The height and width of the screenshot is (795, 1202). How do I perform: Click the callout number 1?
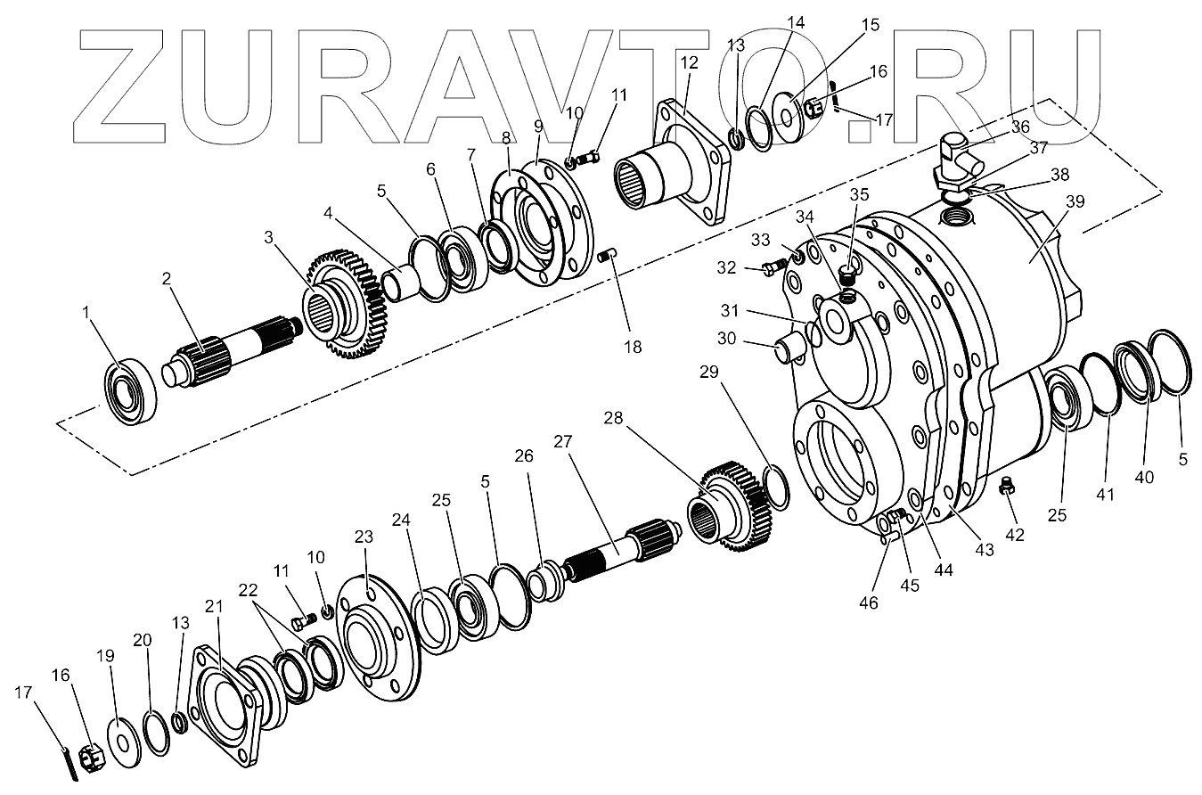pos(86,313)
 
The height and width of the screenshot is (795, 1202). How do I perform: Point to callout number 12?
pos(689,63)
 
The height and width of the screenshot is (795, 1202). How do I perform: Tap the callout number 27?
pos(561,443)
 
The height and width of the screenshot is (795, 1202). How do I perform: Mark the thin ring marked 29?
pos(773,488)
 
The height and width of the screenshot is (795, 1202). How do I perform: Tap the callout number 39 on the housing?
pos(1075,201)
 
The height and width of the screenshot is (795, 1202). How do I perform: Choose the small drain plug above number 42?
pos(1007,487)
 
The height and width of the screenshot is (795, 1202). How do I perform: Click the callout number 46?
pos(868,603)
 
